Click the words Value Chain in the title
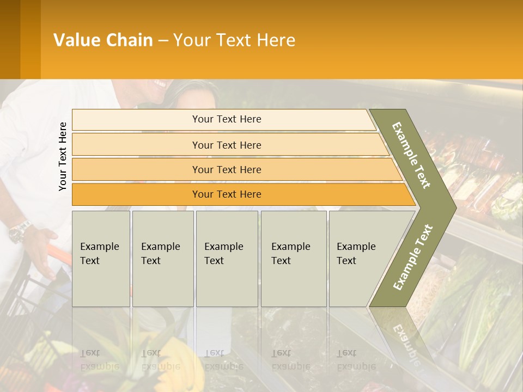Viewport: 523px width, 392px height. pos(103,40)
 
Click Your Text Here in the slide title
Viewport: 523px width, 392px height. pos(234,40)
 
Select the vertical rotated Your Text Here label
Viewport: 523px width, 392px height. pos(63,156)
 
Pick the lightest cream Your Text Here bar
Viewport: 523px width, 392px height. pos(226,119)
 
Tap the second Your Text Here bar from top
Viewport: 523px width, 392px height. pos(226,145)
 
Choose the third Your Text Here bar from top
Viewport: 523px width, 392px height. pos(226,169)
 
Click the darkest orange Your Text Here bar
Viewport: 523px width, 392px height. pos(226,194)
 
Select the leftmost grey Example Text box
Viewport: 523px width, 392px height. pos(101,258)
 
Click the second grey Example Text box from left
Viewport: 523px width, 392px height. pos(162,258)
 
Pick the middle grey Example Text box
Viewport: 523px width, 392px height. pos(227,258)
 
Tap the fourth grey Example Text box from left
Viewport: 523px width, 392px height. pos(293,258)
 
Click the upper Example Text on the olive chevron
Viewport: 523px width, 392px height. pos(411,155)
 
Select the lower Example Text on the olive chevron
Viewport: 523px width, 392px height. pos(413,257)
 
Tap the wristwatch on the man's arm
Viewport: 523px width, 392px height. pos(20,231)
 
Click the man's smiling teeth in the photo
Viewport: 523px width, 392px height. pos(161,84)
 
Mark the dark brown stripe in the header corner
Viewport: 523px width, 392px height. pos(10,39)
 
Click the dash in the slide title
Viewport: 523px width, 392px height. pos(163,40)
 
